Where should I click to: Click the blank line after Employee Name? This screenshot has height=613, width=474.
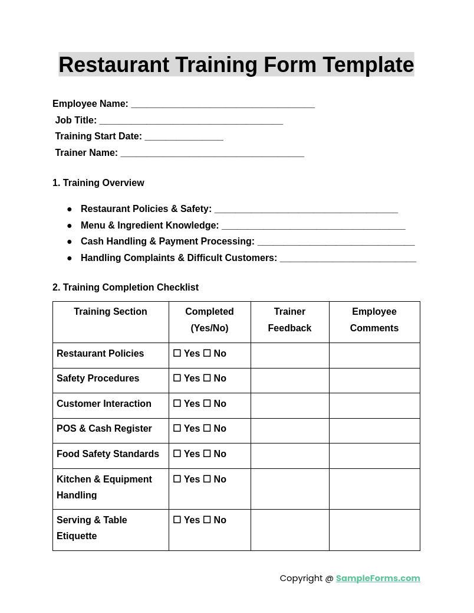[222, 105]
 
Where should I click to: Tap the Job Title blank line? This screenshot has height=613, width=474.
[191, 122]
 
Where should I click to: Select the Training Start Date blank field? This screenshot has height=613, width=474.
[184, 138]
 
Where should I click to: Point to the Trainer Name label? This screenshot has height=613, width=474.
[86, 153]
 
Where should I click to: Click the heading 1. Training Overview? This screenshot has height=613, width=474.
[98, 183]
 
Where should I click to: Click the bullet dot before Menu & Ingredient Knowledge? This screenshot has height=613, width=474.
[70, 226]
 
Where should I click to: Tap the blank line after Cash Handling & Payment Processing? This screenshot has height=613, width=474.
[336, 243]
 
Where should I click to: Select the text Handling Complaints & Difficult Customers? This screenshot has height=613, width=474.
[179, 258]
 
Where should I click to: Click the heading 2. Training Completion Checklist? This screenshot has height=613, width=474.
[125, 288]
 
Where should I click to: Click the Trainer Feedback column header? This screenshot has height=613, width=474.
[289, 319]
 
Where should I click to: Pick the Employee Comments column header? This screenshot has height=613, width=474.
[374, 319]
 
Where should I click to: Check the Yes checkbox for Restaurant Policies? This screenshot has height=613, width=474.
[177, 353]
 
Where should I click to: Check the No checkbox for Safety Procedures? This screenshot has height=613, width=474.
[207, 379]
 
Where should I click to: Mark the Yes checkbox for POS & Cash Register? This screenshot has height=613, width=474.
[177, 429]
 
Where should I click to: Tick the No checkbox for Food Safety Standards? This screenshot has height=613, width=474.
[207, 454]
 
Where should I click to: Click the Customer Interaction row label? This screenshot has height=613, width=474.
[104, 404]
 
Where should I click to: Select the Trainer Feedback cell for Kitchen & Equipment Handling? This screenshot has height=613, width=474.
[289, 488]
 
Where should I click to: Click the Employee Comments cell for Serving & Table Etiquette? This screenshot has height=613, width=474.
[374, 530]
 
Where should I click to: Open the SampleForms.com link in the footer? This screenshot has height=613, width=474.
[378, 578]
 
